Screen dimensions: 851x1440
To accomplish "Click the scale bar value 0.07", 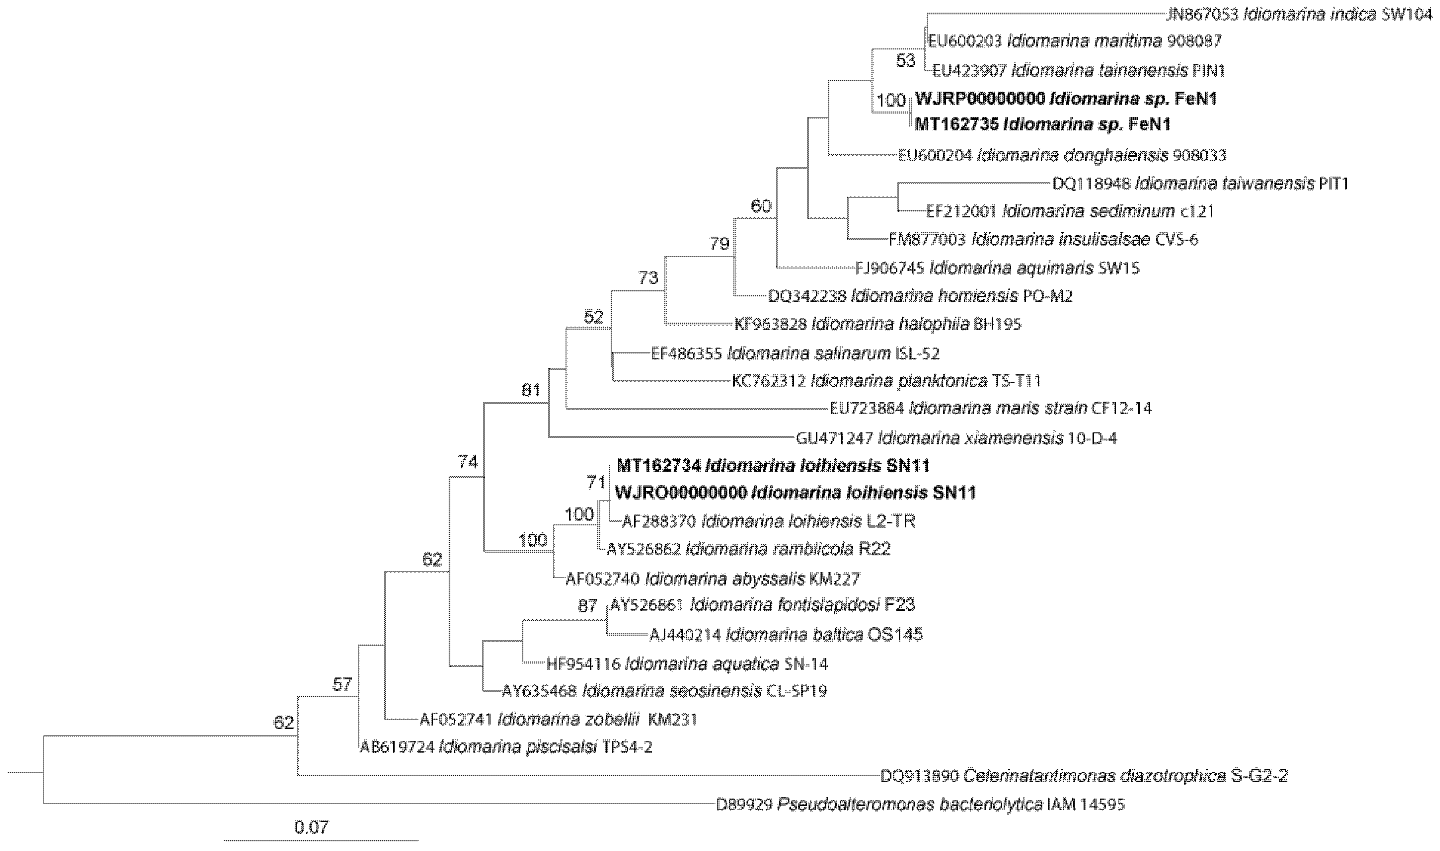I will (x=311, y=827).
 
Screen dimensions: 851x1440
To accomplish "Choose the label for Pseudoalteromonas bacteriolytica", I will (x=920, y=805).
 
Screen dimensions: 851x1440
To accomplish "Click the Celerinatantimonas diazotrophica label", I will (x=1084, y=776).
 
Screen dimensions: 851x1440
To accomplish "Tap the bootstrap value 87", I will (x=587, y=606).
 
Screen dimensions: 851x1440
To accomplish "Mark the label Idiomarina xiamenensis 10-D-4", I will (x=956, y=439).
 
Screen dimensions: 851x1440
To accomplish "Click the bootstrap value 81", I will (x=531, y=391).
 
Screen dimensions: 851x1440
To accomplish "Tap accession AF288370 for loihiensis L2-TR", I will (x=659, y=521).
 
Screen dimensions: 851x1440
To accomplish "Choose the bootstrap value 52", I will (x=593, y=317).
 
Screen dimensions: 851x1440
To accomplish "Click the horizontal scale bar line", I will (x=321, y=841).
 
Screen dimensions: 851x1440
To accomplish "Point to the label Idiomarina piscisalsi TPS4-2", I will (x=506, y=747).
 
